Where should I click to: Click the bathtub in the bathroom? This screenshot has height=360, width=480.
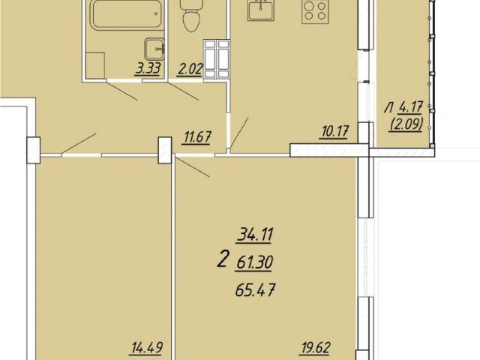pyautogui.click(x=126, y=15)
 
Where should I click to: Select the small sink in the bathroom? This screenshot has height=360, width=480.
pyautogui.click(x=154, y=49)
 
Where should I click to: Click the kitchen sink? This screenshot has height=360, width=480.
pyautogui.click(x=261, y=10)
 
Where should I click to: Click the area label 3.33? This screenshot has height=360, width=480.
pyautogui.click(x=148, y=68)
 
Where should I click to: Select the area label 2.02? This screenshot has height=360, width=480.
pyautogui.click(x=190, y=69)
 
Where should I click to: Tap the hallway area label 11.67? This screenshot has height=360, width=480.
pyautogui.click(x=196, y=136)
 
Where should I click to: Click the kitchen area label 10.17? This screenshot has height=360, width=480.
pyautogui.click(x=334, y=132)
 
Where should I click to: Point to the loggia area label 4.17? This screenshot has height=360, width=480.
pyautogui.click(x=411, y=108)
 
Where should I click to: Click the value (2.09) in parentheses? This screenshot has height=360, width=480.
pyautogui.click(x=406, y=124)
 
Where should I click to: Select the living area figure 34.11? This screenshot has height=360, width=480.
pyautogui.click(x=255, y=235)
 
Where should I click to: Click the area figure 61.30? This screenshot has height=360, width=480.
pyautogui.click(x=254, y=262)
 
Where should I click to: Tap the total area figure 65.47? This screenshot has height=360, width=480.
pyautogui.click(x=255, y=290)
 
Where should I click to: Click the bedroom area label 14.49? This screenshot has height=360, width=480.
pyautogui.click(x=147, y=348)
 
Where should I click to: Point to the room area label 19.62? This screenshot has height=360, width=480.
pyautogui.click(x=315, y=348)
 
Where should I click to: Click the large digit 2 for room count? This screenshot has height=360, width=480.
pyautogui.click(x=223, y=259)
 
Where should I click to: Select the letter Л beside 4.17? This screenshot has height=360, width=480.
pyautogui.click(x=389, y=108)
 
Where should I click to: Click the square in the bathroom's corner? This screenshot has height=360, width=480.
pyautogui.click(x=95, y=65)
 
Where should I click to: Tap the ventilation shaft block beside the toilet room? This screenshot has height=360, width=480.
pyautogui.click(x=217, y=59)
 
